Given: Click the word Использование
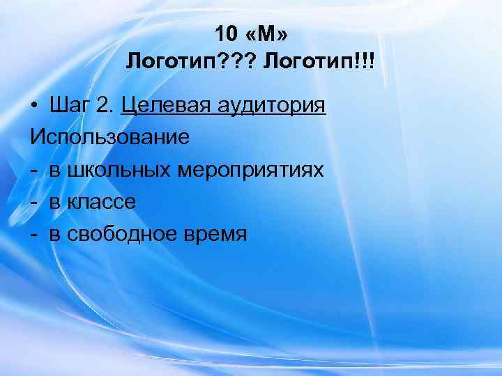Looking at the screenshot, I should pos(109,137).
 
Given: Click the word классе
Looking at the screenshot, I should pos(103,202).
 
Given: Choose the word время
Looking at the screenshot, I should pos(217,234).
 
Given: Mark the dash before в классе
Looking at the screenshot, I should pos(34,202).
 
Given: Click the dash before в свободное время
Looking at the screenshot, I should pos(34,234).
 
